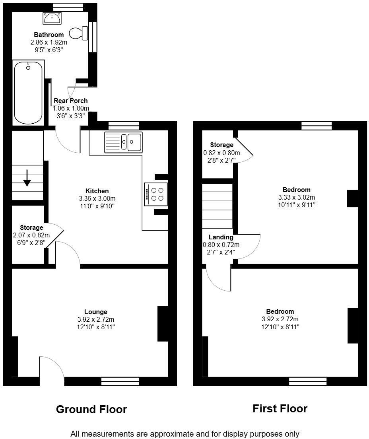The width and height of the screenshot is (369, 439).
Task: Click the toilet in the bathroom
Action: (78, 33)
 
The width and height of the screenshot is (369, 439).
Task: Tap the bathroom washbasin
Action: (52, 18)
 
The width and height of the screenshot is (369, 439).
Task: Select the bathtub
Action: (28, 93)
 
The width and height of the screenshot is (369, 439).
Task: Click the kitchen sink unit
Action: (124, 142)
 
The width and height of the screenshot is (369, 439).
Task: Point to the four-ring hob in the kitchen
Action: (156, 194)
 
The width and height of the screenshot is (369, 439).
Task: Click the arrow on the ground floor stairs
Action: (27, 178)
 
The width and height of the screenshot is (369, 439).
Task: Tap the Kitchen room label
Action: (97, 191)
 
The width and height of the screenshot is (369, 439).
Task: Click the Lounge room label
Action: (96, 312)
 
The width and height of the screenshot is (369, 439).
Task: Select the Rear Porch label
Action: (70, 101)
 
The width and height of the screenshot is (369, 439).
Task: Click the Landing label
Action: (221, 237)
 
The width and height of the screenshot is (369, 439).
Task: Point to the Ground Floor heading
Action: (91, 409)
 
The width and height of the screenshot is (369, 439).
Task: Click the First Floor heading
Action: (280, 409)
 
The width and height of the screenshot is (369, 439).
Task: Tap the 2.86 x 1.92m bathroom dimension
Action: (49, 43)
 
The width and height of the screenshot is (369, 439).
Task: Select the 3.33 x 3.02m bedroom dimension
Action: (297, 197)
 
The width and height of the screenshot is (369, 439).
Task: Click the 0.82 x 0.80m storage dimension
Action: (221, 153)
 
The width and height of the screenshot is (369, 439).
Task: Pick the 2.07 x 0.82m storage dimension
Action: (31, 235)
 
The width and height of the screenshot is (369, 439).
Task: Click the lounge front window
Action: (120, 381)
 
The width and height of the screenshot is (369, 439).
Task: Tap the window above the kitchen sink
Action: (124, 126)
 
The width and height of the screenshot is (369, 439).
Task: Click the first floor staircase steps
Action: (218, 206)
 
